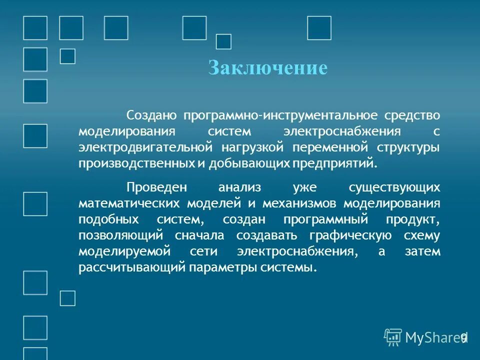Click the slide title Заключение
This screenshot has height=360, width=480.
[x=267, y=68]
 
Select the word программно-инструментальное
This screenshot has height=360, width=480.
[x=280, y=115]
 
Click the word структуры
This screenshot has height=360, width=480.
[x=409, y=147]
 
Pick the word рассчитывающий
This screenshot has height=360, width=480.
[x=131, y=267]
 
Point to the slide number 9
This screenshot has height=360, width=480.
[x=463, y=337]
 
